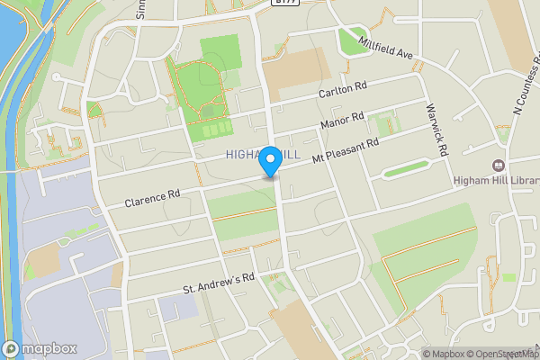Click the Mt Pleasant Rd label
click(x=346, y=149)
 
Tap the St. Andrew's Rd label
click(x=220, y=283)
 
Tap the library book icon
click(x=498, y=166)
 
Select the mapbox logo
click(x=40, y=348)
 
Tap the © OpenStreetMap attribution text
click(x=505, y=354)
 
